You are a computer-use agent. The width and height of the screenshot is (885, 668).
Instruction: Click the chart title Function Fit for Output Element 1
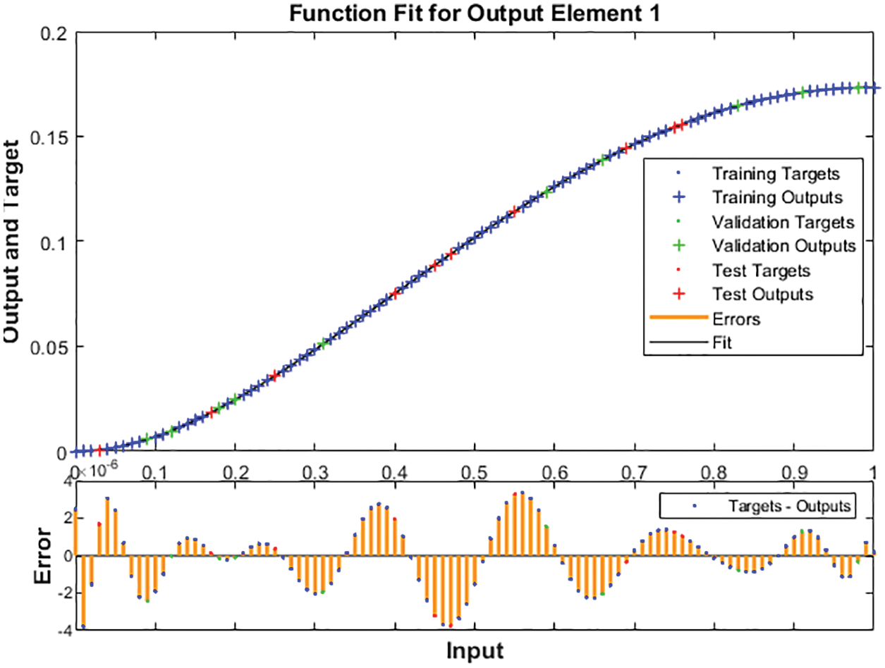pos(474,13)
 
